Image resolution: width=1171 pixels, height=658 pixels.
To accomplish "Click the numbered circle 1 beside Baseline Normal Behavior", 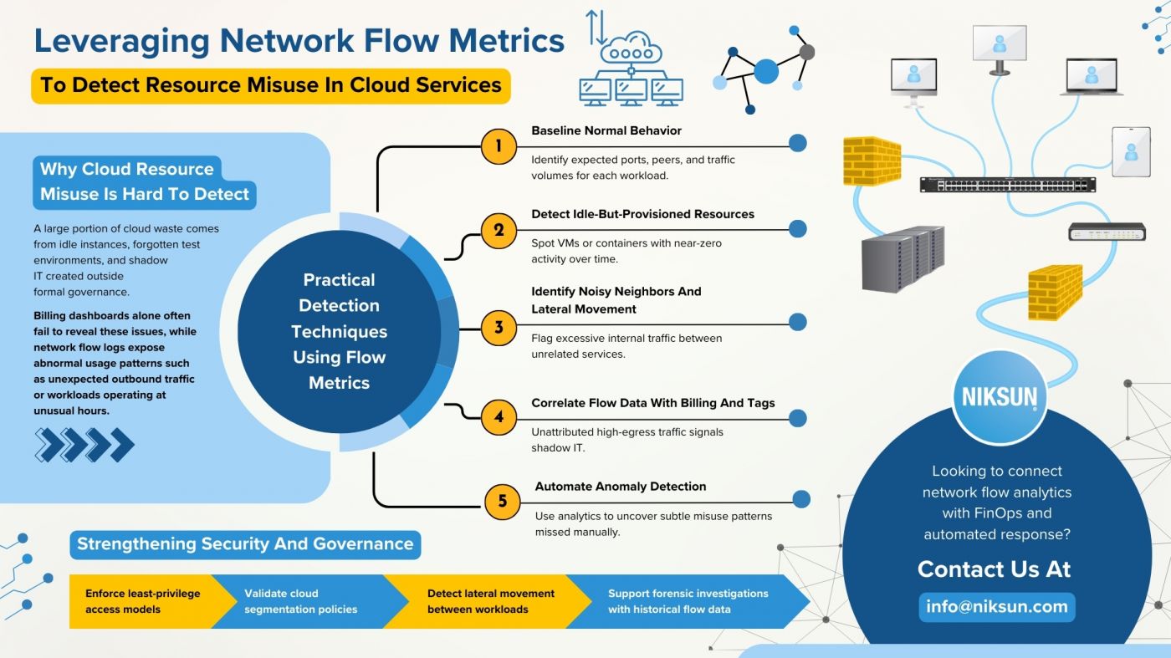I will (499, 146).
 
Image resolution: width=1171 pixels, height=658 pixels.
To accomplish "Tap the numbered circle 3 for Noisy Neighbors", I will (499, 327).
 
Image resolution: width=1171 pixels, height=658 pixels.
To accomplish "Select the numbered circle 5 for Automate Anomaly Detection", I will (502, 501).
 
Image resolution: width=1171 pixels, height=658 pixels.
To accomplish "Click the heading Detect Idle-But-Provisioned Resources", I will (642, 214).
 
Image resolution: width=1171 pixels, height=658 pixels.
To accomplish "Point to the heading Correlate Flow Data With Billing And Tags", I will (653, 403).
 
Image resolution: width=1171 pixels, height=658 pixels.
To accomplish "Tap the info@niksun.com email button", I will (997, 607).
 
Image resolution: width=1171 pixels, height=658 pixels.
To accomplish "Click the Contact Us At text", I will (994, 569).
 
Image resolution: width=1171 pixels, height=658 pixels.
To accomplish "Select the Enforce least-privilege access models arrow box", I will (142, 601).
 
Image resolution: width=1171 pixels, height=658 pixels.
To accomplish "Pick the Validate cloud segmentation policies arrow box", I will (301, 601).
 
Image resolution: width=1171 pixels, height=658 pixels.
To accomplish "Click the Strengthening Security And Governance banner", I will (245, 544).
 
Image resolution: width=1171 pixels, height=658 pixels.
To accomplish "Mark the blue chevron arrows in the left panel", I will (84, 445).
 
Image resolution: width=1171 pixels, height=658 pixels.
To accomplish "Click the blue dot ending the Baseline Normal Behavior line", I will (798, 143).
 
